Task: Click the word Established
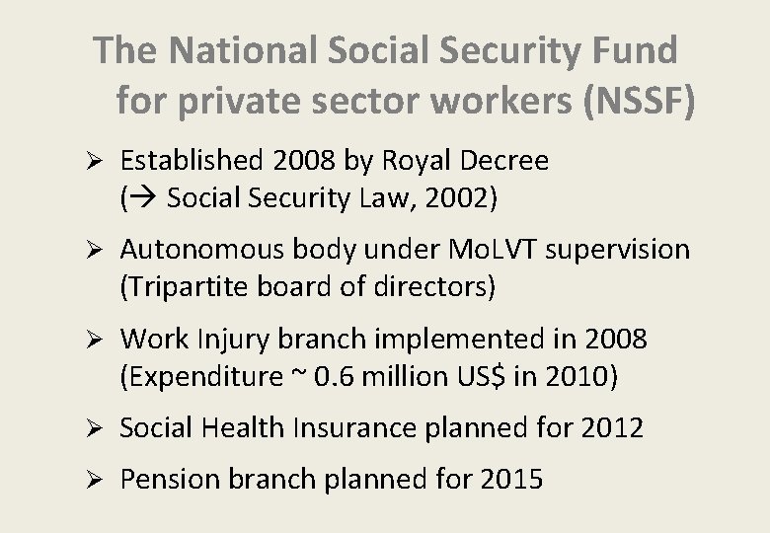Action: tap(195, 160)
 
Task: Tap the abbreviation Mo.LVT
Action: tap(489, 250)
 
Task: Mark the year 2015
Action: tap(510, 480)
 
